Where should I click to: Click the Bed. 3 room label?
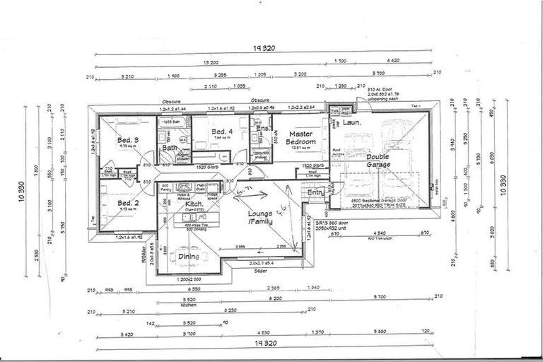pyautogui.click(x=127, y=140)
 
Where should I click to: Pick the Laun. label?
pyautogui.click(x=353, y=122)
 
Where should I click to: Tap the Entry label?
pyautogui.click(x=315, y=192)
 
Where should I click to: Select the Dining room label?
pyautogui.click(x=187, y=257)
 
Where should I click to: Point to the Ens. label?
pyautogui.click(x=262, y=129)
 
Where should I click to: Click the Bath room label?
pyautogui.click(x=170, y=148)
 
